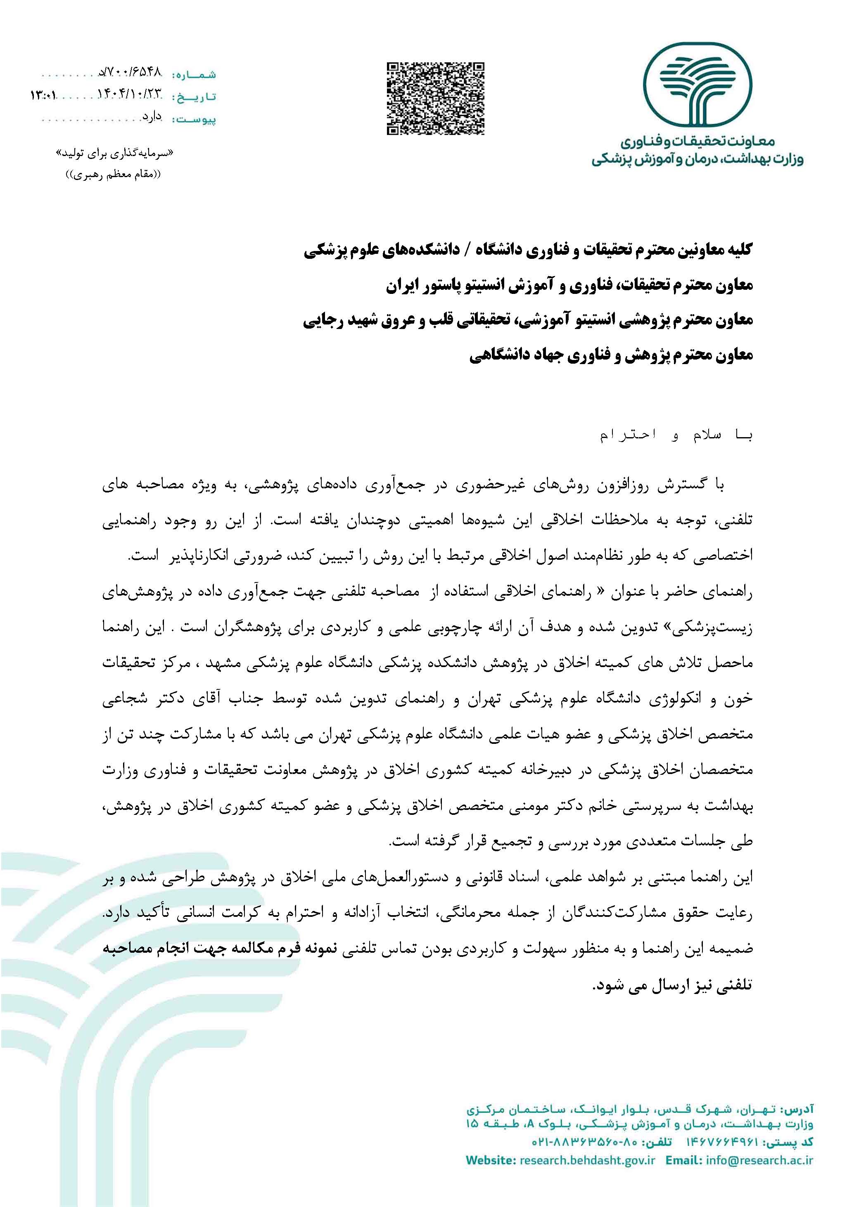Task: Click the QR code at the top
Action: click(435, 99)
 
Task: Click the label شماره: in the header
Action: click(194, 74)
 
